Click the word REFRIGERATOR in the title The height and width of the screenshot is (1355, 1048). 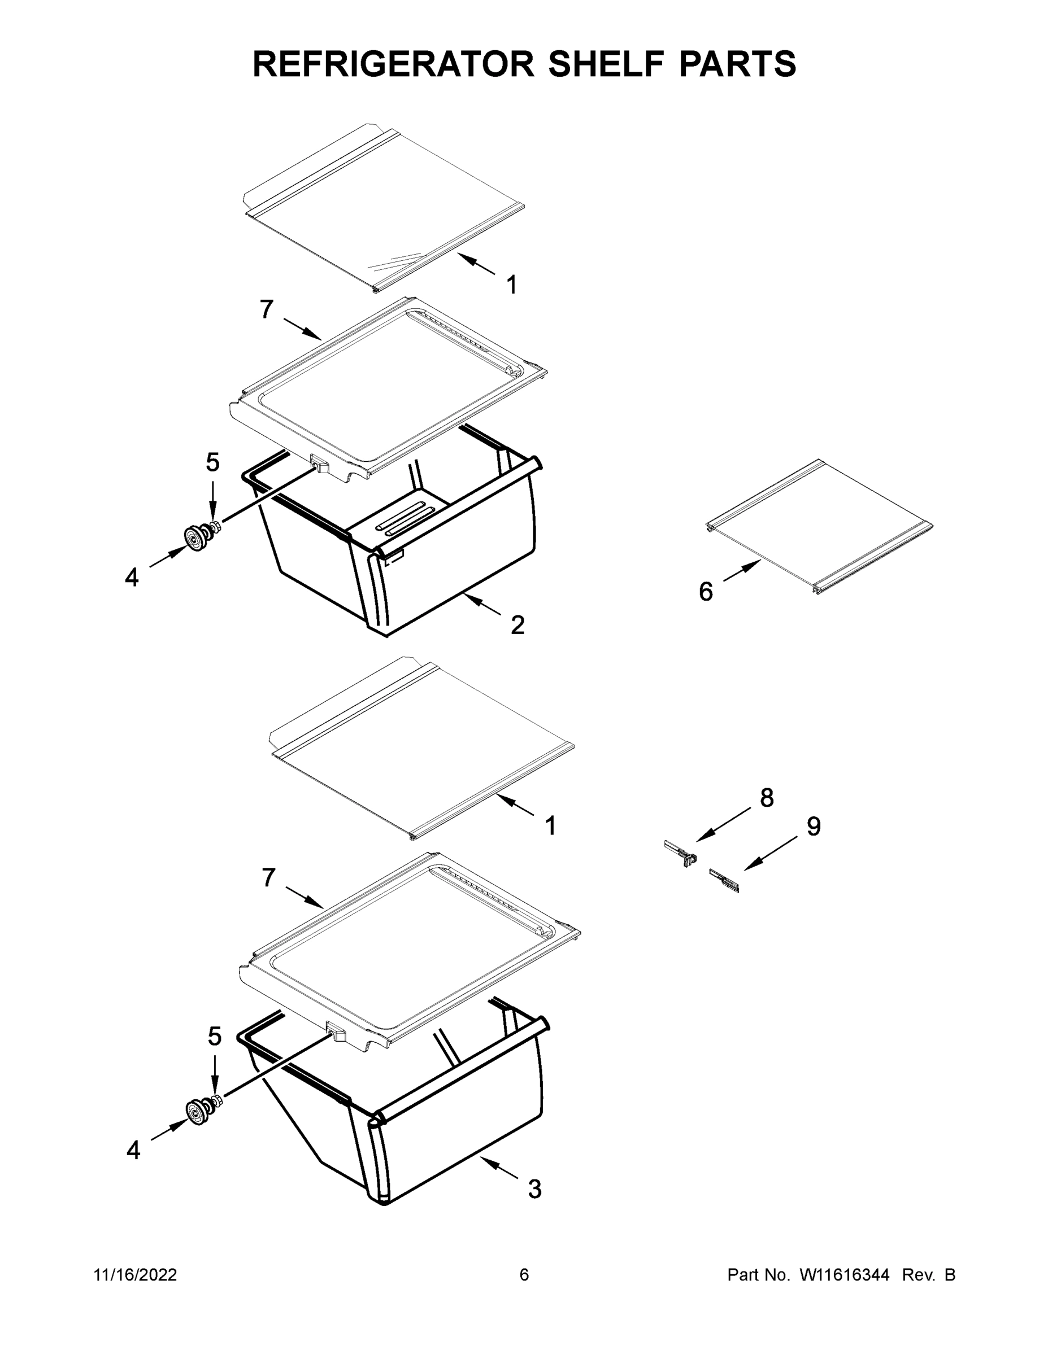(393, 63)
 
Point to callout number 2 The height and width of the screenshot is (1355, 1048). (517, 625)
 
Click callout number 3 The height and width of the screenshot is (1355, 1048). (534, 1190)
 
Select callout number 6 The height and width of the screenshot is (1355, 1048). (706, 591)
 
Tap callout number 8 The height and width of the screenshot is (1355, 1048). (767, 798)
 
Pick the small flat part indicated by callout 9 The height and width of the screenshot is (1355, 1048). (724, 880)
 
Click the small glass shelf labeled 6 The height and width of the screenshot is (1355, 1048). (820, 526)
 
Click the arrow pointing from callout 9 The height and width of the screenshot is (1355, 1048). (771, 854)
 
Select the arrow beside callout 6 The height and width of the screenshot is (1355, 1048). (742, 570)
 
